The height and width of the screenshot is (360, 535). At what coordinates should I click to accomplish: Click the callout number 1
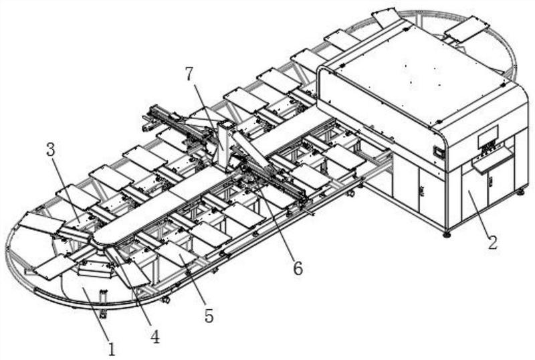click(x=111, y=349)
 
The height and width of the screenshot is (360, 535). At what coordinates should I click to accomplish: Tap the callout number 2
click(x=493, y=242)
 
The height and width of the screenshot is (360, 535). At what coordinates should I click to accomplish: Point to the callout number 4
click(x=155, y=337)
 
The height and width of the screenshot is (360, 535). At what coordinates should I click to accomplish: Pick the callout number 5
click(x=209, y=315)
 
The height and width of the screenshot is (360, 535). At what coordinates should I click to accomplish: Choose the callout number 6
click(x=298, y=268)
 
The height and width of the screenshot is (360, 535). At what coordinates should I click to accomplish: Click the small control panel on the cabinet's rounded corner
click(x=439, y=153)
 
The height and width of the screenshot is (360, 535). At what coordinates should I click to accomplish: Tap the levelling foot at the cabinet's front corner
click(x=447, y=234)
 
